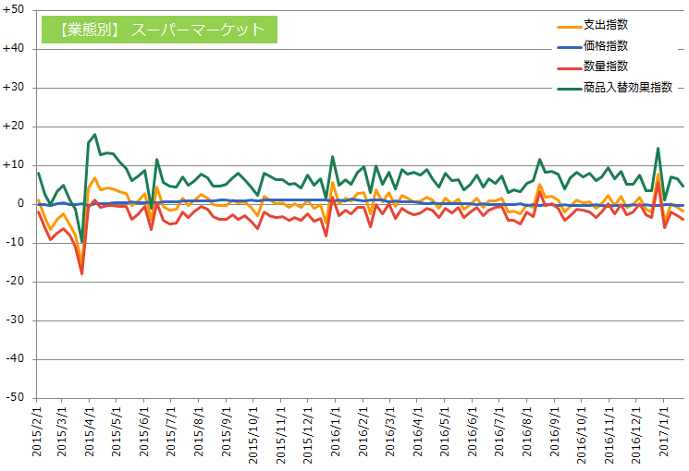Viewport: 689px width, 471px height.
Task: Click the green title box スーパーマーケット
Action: click(x=159, y=30)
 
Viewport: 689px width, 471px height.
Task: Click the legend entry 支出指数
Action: click(x=606, y=24)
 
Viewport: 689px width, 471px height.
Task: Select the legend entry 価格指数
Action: click(x=606, y=45)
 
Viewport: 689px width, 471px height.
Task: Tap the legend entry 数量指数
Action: click(x=606, y=66)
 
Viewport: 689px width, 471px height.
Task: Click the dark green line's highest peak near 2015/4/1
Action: click(x=94, y=135)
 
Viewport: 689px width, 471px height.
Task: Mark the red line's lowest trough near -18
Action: click(x=82, y=273)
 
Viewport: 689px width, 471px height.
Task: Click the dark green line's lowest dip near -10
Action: click(x=82, y=242)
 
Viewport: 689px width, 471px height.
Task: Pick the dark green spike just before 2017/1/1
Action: click(x=658, y=148)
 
